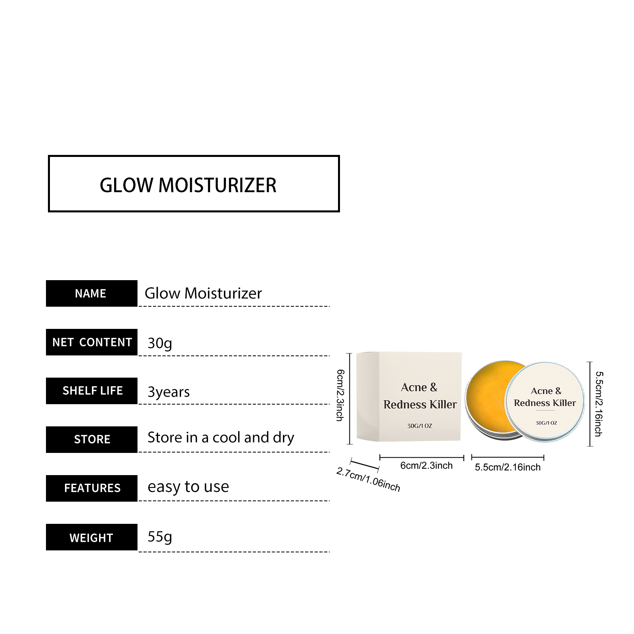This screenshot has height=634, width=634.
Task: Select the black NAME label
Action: tap(92, 293)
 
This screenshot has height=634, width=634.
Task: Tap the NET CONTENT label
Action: tap(92, 342)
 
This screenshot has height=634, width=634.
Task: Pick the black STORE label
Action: tap(92, 439)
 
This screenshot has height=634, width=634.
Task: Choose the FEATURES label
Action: tap(92, 488)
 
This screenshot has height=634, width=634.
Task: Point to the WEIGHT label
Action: tap(92, 537)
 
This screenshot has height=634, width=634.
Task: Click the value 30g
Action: tap(160, 343)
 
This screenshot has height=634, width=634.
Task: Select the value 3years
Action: tap(168, 392)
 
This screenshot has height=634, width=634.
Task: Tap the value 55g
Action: tap(160, 537)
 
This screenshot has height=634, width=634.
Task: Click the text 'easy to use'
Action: tap(188, 487)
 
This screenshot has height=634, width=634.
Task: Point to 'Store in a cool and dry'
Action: tap(221, 437)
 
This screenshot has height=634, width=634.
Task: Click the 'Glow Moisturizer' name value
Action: tap(203, 293)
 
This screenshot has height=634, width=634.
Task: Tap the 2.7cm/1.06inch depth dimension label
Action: tap(368, 479)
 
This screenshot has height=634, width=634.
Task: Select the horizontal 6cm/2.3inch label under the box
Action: tap(426, 466)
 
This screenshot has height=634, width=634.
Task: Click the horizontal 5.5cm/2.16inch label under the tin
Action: tap(508, 467)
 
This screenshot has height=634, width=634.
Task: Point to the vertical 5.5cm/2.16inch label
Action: tap(599, 404)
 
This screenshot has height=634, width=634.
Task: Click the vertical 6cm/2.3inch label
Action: tap(340, 395)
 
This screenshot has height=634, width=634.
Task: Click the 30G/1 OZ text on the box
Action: tap(420, 426)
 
